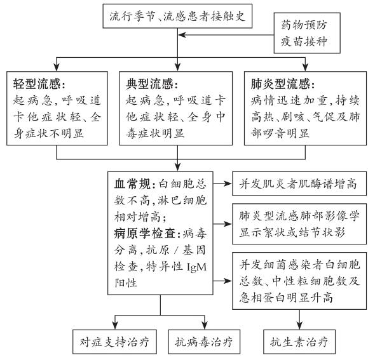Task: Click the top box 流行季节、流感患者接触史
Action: pyautogui.click(x=177, y=16)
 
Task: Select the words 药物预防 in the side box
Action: pyautogui.click(x=304, y=25)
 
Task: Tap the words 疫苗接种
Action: pyautogui.click(x=304, y=41)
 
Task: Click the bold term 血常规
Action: pyautogui.click(x=132, y=184)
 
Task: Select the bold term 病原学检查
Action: pyautogui.click(x=144, y=234)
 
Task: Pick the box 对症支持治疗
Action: pyautogui.click(x=114, y=342)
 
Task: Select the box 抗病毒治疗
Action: pyautogui.click(x=204, y=342)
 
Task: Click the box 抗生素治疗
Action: pyautogui.click(x=299, y=342)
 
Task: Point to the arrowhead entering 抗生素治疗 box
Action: pyautogui.click(x=299, y=326)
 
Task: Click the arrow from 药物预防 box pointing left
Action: pyautogui.click(x=226, y=35)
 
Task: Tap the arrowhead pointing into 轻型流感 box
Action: pyautogui.click(x=57, y=67)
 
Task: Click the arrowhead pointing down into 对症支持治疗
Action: pyautogui.click(x=115, y=326)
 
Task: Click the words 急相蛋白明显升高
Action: pyautogui.click(x=286, y=298)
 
